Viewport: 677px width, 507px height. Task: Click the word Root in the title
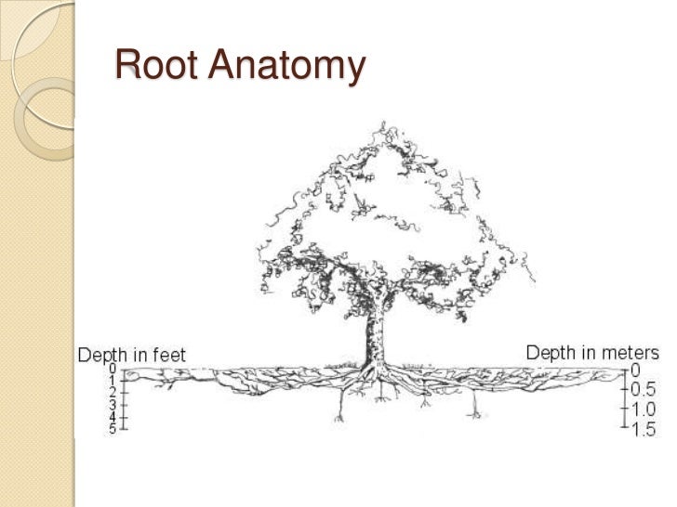(156, 64)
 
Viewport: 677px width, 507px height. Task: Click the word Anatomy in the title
(286, 67)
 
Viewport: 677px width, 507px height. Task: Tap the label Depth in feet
(132, 356)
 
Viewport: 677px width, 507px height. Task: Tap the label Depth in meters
(592, 353)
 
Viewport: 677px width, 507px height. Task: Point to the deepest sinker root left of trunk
(339, 419)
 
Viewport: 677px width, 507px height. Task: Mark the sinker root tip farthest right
(475, 416)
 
